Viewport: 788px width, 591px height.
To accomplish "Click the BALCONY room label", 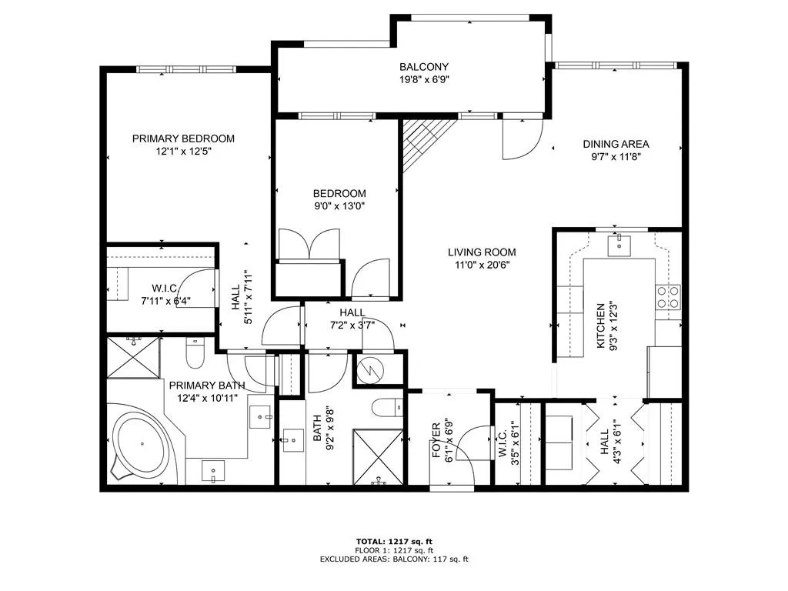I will pyautogui.click(x=423, y=67).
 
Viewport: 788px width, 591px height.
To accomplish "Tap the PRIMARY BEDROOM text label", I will pyautogui.click(x=183, y=139).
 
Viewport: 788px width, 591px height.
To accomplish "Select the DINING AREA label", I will pyautogui.click(x=616, y=144).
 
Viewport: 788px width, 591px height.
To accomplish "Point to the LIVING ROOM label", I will pyautogui.click(x=482, y=252).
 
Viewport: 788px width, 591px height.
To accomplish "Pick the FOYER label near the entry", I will pyautogui.click(x=436, y=441).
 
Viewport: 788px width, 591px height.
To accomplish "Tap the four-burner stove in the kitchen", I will pyautogui.click(x=668, y=297).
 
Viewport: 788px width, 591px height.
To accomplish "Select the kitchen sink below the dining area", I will pyautogui.click(x=619, y=245).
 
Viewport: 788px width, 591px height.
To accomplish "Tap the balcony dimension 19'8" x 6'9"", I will pyautogui.click(x=423, y=79).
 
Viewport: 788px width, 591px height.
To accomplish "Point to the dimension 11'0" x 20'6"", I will pyautogui.click(x=482, y=265).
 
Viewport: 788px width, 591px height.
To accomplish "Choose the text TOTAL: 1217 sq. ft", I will pyautogui.click(x=393, y=541).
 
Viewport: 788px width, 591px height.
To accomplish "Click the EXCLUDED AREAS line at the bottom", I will pyautogui.click(x=393, y=559).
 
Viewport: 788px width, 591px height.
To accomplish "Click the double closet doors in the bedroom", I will pyautogui.click(x=309, y=244).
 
